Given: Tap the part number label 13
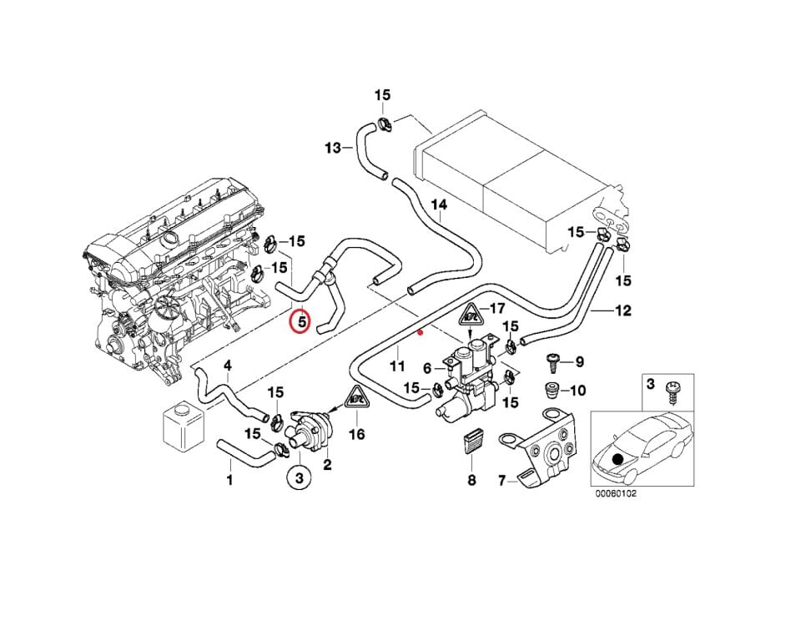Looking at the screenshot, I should coord(333,149).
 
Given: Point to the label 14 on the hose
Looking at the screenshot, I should coord(439,204).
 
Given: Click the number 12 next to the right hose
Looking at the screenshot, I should coord(622,311).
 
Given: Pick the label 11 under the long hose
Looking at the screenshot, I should coord(397,366).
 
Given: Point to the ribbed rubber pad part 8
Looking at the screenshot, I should coord(471,446).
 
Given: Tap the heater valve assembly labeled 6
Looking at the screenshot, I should coord(471,367).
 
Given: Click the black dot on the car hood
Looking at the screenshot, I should coord(618,459).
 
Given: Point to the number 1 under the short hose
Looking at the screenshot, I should coord(229,480).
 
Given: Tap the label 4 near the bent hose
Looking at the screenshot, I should coord(227,366).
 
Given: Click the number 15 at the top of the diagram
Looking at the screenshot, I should coord(382,95).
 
